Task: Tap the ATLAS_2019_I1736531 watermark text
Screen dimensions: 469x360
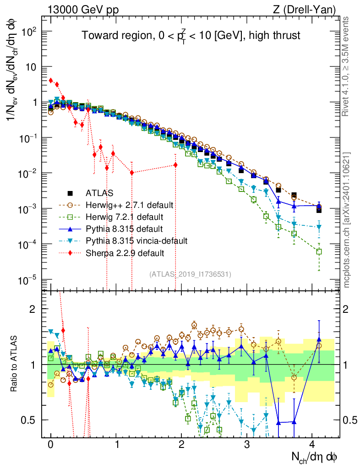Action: click(190, 274)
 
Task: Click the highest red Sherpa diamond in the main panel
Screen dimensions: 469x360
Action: click(51, 80)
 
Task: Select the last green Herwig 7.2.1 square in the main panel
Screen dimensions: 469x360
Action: click(319, 251)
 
